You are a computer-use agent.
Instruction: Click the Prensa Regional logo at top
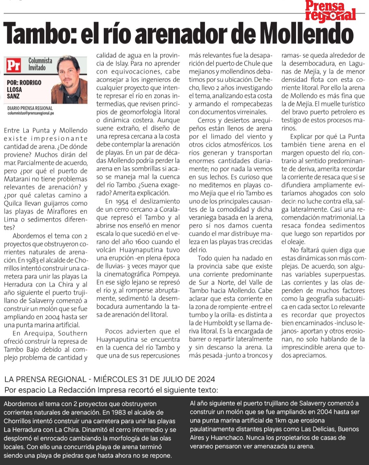pyautogui.click(x=330, y=11)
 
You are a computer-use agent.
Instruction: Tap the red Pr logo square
pyautogui.click(x=13, y=66)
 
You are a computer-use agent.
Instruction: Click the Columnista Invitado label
pyautogui.click(x=40, y=64)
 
